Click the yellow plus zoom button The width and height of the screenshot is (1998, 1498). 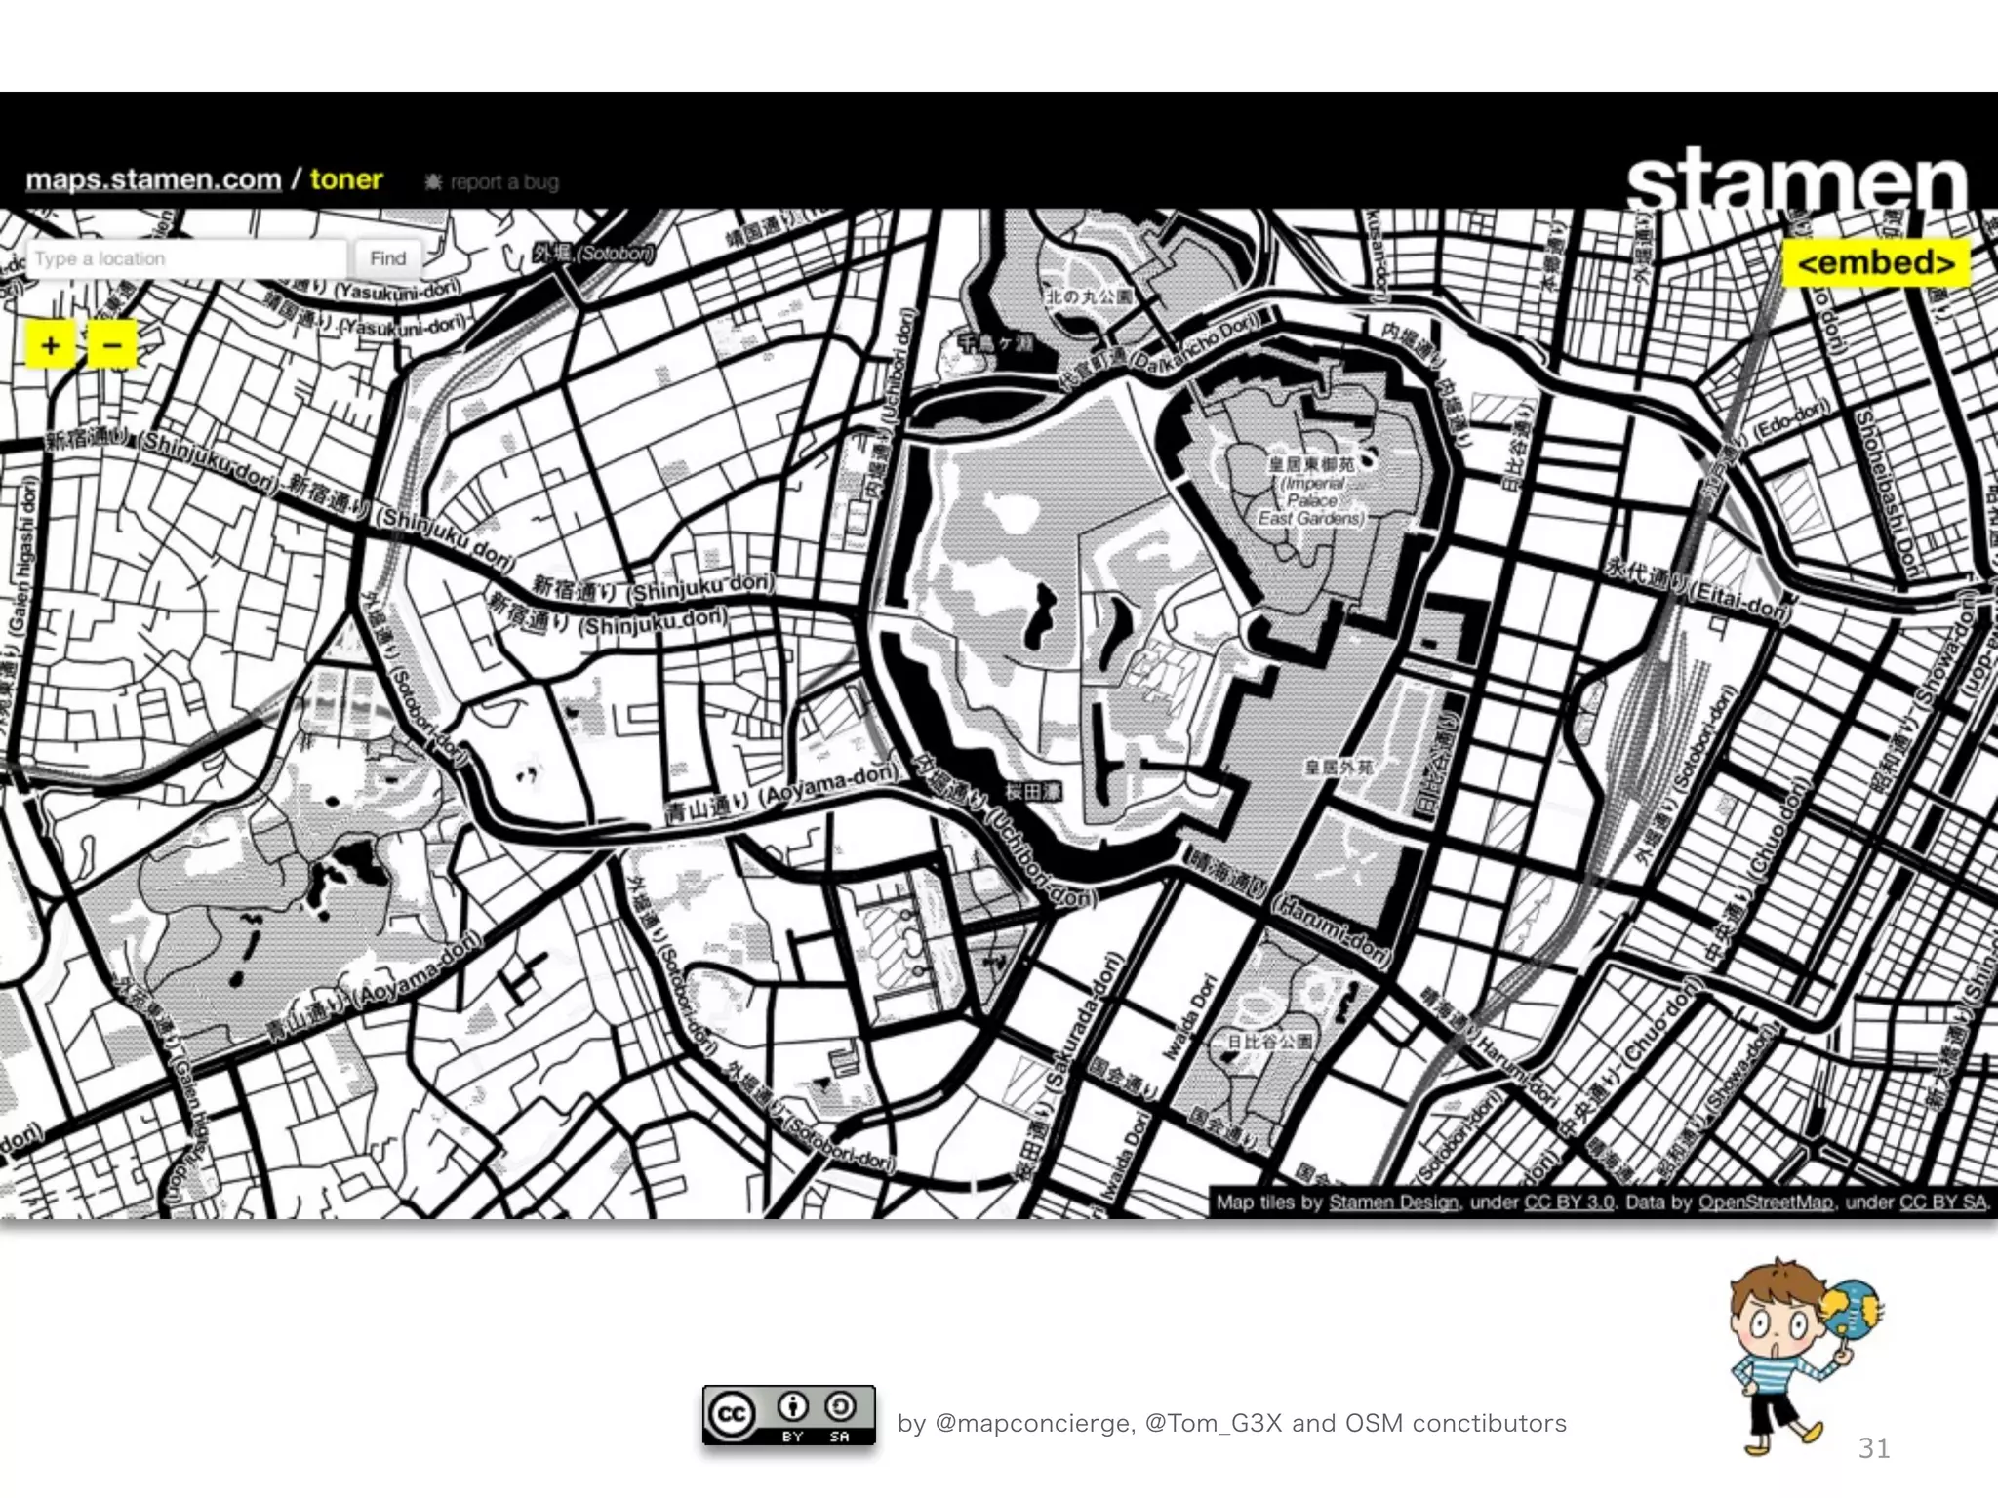[x=51, y=344]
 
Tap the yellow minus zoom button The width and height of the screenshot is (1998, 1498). [x=112, y=344]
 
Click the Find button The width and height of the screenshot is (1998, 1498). [x=387, y=258]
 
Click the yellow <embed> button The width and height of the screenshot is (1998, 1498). [x=1876, y=263]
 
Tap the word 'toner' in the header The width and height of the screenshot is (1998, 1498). [x=346, y=179]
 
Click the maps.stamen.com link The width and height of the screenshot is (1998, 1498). [x=153, y=180]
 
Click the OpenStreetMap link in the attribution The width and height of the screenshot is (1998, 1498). [x=1766, y=1202]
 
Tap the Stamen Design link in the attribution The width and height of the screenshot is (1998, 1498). [x=1393, y=1202]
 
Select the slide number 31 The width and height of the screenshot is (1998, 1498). [x=1874, y=1447]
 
